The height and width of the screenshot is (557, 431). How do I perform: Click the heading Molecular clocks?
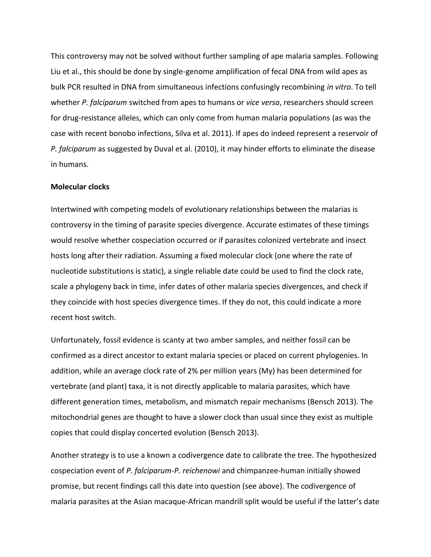[80, 187]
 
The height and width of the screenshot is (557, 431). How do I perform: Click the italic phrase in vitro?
[339, 87]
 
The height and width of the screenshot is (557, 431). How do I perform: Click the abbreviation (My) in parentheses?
[267, 371]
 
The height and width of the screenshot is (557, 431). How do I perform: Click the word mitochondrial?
[72, 417]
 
